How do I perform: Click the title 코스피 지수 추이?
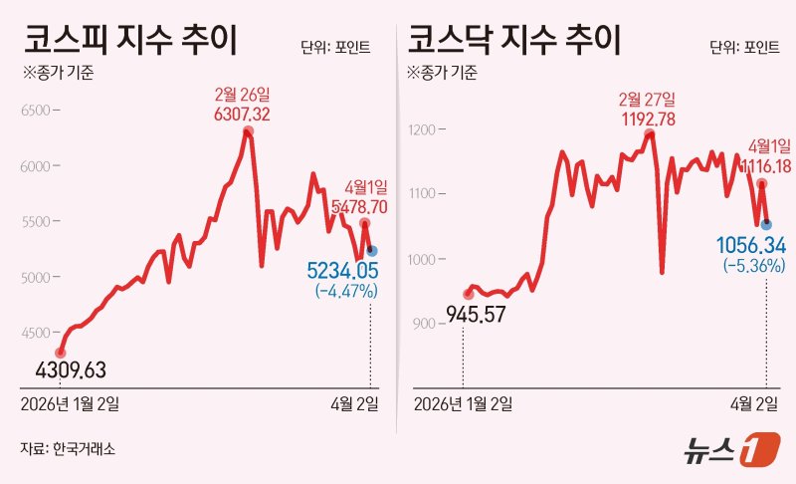(x=133, y=42)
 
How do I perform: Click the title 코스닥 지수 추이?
(x=513, y=42)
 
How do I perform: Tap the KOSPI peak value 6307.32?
(x=242, y=115)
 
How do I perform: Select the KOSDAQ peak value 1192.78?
(x=647, y=119)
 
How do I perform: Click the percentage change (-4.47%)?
(x=346, y=291)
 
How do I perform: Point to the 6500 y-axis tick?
(x=35, y=111)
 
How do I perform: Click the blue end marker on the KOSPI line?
(x=372, y=251)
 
